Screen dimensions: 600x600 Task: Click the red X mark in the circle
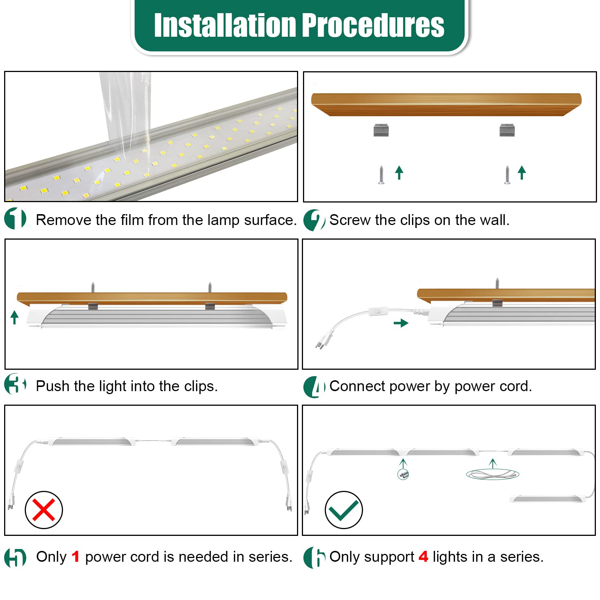[43, 510]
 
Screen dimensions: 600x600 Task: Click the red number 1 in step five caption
[75, 557]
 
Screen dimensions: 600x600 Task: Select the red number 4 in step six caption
[423, 557]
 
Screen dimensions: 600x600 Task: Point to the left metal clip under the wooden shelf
[381, 130]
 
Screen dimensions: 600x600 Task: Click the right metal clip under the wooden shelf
[507, 130]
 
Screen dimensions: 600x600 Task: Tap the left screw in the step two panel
[381, 175]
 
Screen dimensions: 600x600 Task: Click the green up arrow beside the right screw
[522, 172]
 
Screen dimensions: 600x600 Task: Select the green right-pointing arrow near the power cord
[401, 323]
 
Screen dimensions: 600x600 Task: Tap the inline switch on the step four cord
[378, 311]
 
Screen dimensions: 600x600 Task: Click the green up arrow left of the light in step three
[15, 317]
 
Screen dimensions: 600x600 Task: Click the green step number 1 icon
[15, 218]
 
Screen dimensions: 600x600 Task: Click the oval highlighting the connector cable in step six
[492, 475]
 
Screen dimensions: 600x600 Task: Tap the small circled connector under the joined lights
[403, 474]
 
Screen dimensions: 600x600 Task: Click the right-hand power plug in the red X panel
[289, 502]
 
